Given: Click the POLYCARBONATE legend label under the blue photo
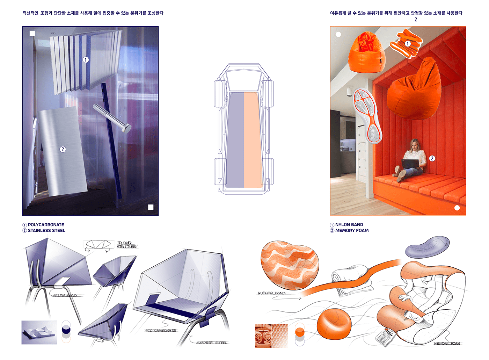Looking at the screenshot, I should coord(46,225).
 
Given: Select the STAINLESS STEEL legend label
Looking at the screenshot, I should coord(46,231).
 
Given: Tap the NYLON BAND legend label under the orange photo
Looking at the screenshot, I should coord(349,225).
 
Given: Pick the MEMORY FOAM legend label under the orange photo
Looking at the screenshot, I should coord(352,231).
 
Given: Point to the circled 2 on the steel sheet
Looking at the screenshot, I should coord(63,149).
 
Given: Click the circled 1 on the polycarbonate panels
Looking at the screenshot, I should coord(86,60).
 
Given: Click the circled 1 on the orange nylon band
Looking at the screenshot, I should coord(408,43).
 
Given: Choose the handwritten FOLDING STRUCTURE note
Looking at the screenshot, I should coord(126,245).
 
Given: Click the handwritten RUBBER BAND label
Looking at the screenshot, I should coord(271,293).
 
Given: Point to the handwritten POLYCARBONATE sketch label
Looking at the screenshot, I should coord(161,330).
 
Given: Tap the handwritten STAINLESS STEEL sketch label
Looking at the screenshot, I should coord(212,343).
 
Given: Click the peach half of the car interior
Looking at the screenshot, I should coord(253,140).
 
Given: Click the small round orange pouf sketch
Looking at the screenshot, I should coord(333,324).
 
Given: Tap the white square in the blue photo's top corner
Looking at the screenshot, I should coord(32,34).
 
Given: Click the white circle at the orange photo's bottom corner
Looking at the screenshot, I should coord(457,208).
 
